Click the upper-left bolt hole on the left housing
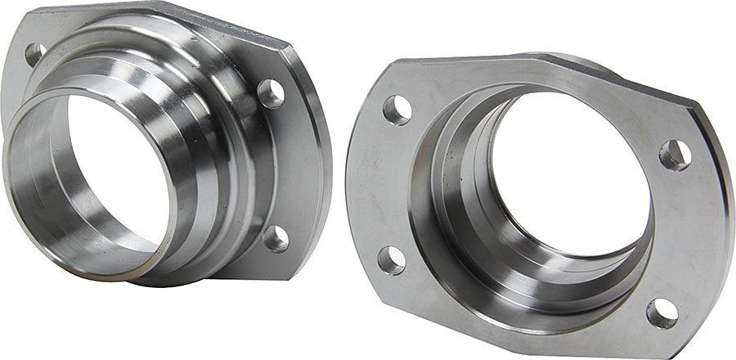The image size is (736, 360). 35,55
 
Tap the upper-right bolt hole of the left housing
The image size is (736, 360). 271,93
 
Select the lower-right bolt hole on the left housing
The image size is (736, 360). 276,238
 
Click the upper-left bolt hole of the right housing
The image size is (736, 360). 397,110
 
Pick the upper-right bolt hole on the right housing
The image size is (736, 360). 675,155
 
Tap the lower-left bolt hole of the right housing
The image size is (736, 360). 392,259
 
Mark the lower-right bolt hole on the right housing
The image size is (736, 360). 662,313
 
